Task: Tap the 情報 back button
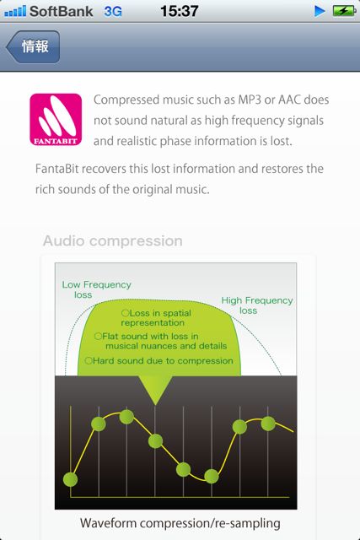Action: pyautogui.click(x=33, y=47)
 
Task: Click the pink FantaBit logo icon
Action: pyautogui.click(x=56, y=120)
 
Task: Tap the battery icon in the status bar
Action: pyautogui.click(x=344, y=11)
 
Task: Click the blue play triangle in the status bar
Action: pyautogui.click(x=320, y=11)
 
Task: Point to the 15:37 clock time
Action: pyautogui.click(x=180, y=11)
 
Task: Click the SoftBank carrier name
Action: pyautogui.click(x=61, y=11)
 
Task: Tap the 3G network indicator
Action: pyautogui.click(x=113, y=11)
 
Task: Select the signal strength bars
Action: pyautogui.click(x=15, y=11)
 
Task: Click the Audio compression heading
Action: pyautogui.click(x=113, y=240)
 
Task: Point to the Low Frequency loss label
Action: pyautogui.click(x=96, y=289)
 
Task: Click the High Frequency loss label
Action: pyautogui.click(x=257, y=305)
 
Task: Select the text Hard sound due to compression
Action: pyautogui.click(x=163, y=360)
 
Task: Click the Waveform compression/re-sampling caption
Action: pyautogui.click(x=180, y=523)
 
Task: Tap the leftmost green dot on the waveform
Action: pyautogui.click(x=71, y=479)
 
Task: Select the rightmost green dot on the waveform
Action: pyautogui.click(x=268, y=424)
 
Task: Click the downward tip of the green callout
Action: pyautogui.click(x=155, y=404)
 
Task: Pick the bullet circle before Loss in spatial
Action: pyautogui.click(x=125, y=313)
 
